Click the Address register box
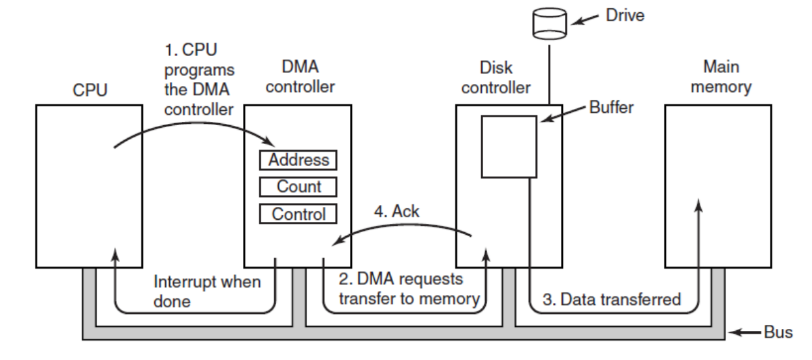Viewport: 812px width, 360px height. pyautogui.click(x=298, y=160)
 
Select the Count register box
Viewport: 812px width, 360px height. pyautogui.click(x=298, y=187)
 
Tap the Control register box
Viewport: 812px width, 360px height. pyautogui.click(x=298, y=214)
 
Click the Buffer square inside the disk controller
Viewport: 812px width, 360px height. pyautogui.click(x=509, y=145)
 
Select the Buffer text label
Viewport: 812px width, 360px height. pyautogui.click(x=611, y=108)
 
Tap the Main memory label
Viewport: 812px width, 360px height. pyautogui.click(x=721, y=77)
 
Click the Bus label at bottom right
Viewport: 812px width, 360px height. pyautogui.click(x=777, y=332)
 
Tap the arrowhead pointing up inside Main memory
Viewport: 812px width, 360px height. pyautogui.click(x=699, y=204)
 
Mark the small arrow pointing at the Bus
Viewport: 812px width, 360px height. pyautogui.click(x=748, y=332)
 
